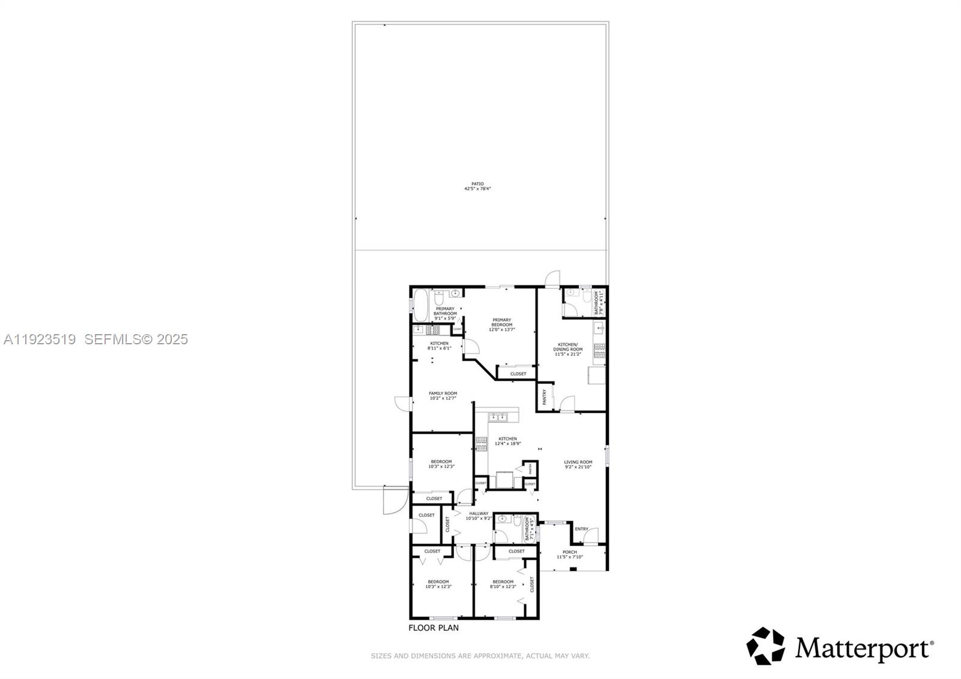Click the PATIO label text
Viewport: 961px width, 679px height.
(477, 184)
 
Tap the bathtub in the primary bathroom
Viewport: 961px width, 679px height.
(421, 306)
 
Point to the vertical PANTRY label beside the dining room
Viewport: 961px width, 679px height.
(545, 397)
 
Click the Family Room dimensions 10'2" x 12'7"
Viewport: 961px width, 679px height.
(443, 398)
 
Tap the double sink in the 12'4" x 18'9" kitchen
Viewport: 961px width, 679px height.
(498, 416)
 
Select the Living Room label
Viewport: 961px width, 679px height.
(578, 462)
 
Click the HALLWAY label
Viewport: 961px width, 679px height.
(479, 513)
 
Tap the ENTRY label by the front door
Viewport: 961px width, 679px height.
(581, 529)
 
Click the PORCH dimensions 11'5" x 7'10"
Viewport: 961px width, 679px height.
(569, 557)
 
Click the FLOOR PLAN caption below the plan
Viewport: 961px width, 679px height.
(433, 627)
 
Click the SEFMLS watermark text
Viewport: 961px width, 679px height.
(136, 339)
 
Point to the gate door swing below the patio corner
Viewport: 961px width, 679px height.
(392, 500)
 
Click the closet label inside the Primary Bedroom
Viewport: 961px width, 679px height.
(518, 374)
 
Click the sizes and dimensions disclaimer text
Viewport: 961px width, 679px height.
(480, 656)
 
